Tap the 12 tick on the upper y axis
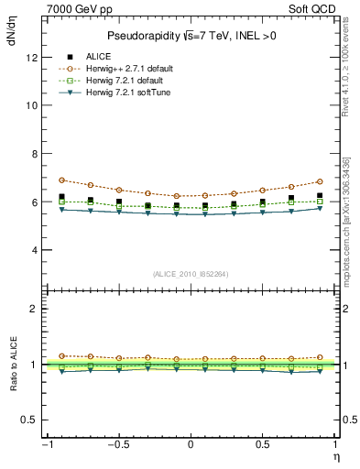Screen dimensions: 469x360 (32, 57)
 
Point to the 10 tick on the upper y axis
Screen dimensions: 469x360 (32, 105)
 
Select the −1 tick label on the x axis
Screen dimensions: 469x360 (46, 445)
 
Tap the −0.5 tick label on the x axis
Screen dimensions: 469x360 (117, 445)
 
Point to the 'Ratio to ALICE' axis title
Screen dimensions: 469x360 (12, 365)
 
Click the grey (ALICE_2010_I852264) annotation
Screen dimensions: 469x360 (191, 273)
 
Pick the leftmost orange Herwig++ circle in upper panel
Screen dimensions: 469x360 (61, 180)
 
